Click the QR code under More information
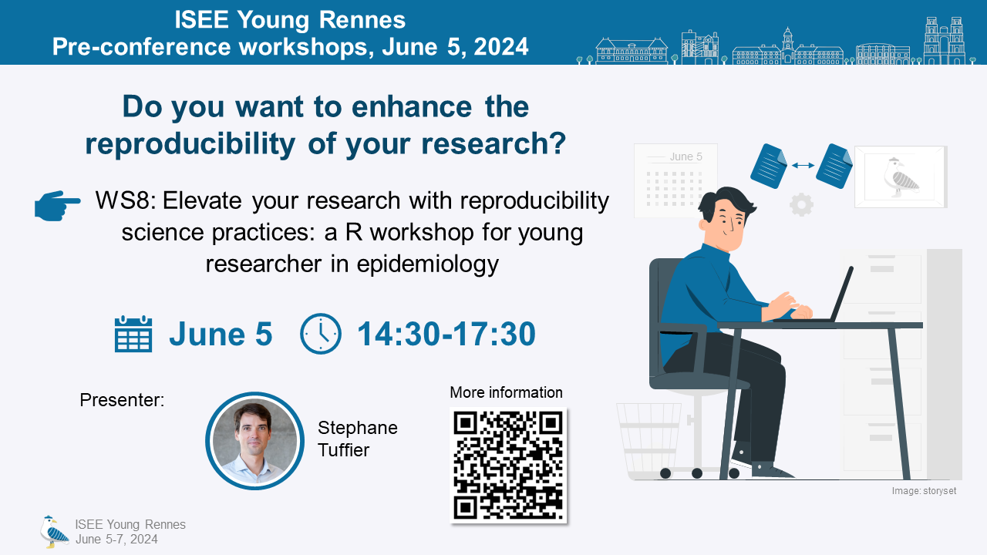(x=508, y=465)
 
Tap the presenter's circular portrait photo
(x=254, y=440)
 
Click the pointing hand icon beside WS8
(x=57, y=205)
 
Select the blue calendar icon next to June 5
(x=133, y=334)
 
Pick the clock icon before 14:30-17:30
(x=320, y=334)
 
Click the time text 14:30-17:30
(x=446, y=334)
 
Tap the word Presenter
(x=122, y=400)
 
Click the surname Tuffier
(x=343, y=450)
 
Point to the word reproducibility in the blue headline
(x=190, y=143)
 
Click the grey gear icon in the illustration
(x=801, y=204)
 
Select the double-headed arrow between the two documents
(x=803, y=166)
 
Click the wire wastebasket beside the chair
(x=648, y=440)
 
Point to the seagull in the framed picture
(x=901, y=177)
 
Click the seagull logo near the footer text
(x=54, y=531)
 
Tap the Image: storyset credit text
(x=924, y=491)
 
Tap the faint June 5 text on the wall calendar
(x=686, y=156)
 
